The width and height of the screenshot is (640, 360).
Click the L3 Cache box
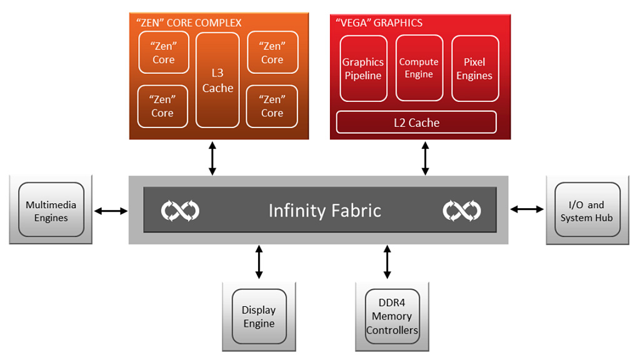click(217, 80)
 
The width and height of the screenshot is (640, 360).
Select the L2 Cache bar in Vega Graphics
click(416, 122)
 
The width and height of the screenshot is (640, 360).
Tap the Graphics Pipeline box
click(362, 69)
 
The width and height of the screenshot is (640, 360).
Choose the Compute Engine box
click(419, 68)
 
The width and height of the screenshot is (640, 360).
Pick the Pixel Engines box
click(474, 69)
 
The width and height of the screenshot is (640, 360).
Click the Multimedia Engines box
click(51, 210)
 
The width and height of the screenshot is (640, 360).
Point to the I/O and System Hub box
click(587, 210)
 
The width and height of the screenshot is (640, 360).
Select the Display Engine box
click(259, 317)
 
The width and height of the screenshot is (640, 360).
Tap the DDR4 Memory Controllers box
click(392, 316)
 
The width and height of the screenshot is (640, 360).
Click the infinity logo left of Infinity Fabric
click(180, 211)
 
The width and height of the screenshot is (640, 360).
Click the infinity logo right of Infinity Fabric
click(462, 211)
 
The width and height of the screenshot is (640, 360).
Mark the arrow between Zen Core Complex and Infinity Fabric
click(212, 158)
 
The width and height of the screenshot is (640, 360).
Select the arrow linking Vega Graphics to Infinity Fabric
click(426, 158)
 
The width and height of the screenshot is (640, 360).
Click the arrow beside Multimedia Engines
click(111, 211)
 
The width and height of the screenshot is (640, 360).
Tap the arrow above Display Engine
click(259, 262)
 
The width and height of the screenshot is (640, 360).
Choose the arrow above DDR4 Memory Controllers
click(387, 262)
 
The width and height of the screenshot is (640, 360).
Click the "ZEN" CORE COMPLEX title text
click(188, 23)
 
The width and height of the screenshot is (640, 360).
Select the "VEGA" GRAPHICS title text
click(379, 23)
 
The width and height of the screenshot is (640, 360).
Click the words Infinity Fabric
click(324, 211)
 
